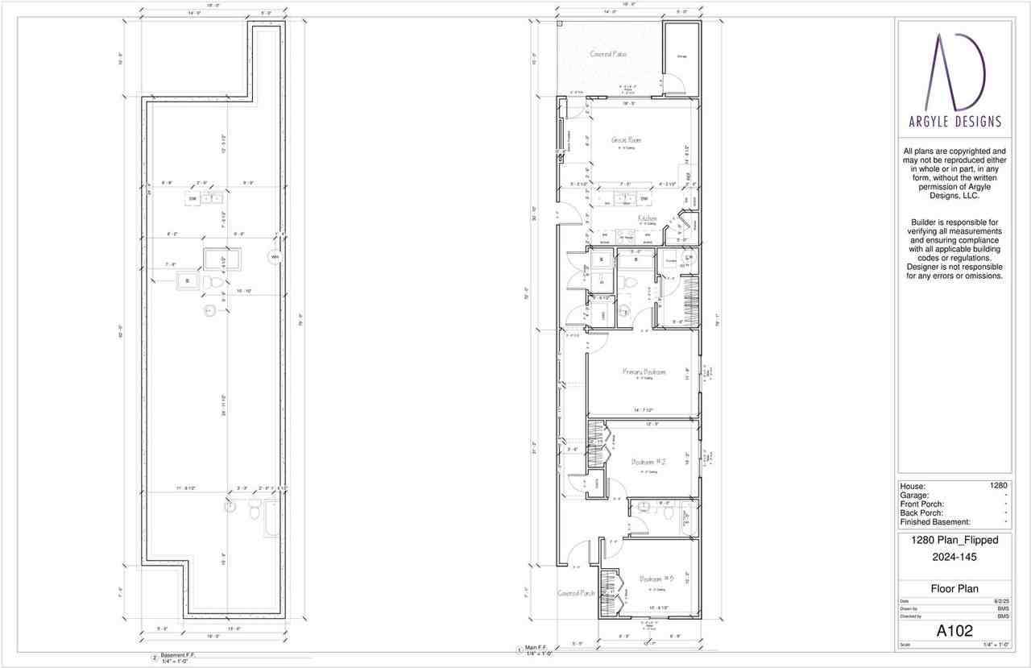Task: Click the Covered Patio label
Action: click(608, 54)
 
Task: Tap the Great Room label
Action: click(625, 140)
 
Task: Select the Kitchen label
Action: click(648, 218)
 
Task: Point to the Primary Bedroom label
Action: click(644, 372)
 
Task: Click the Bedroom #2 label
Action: click(648, 462)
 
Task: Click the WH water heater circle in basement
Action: click(275, 257)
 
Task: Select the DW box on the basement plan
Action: click(193, 198)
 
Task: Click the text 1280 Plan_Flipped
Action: click(954, 541)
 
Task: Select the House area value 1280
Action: click(999, 486)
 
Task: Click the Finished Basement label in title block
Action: click(935, 522)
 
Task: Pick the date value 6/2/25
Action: click(1002, 601)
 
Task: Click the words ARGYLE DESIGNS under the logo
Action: click(954, 122)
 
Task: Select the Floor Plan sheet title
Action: click(954, 588)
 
